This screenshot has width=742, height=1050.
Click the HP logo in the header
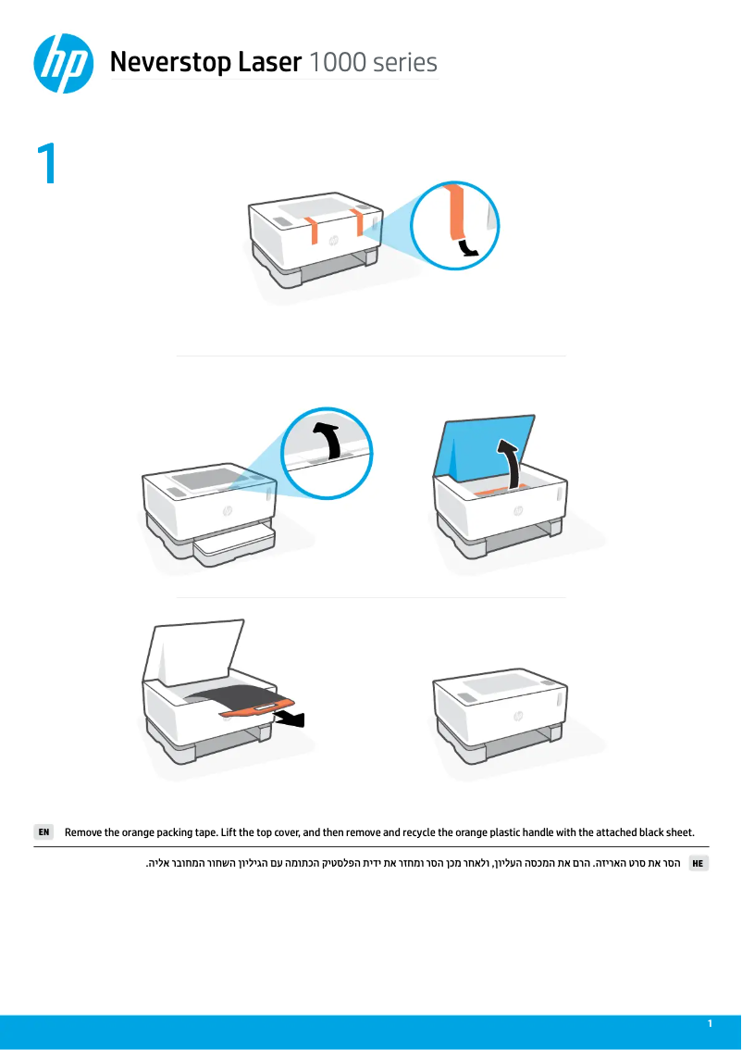[x=63, y=63]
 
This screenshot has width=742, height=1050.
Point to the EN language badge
[x=43, y=831]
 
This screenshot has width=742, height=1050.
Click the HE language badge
[x=699, y=863]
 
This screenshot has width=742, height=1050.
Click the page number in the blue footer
[x=710, y=1023]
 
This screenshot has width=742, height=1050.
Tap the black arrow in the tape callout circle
[x=469, y=245]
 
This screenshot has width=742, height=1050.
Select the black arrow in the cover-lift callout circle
[x=325, y=439]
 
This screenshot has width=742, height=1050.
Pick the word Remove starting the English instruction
[x=85, y=831]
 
